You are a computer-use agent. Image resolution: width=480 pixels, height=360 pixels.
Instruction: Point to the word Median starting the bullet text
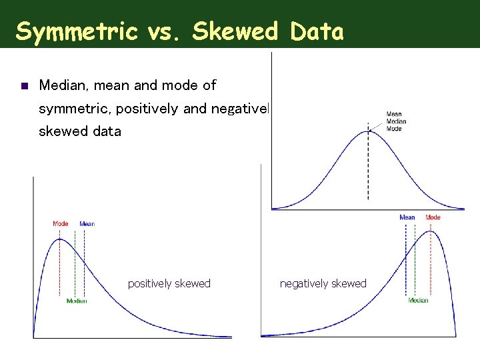tap(61, 85)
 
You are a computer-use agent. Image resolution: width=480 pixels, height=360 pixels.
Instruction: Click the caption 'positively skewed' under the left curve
tap(169, 283)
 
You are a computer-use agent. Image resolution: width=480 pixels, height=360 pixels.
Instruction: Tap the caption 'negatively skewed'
tap(323, 283)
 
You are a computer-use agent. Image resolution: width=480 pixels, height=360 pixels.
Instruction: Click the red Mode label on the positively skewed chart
tap(60, 224)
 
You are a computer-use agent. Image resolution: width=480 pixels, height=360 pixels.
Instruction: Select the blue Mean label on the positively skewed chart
tap(87, 224)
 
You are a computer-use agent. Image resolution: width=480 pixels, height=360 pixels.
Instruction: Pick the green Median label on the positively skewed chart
tap(77, 301)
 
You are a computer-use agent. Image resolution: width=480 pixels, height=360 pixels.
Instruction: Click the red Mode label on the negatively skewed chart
tap(433, 217)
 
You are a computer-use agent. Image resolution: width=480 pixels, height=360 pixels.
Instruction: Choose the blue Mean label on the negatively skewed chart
tap(407, 217)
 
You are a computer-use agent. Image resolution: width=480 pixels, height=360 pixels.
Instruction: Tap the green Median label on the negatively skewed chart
tap(418, 301)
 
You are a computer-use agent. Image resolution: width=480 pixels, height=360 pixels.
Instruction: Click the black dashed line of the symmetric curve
tap(367, 167)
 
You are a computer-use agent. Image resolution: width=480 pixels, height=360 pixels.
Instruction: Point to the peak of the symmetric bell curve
tap(367, 131)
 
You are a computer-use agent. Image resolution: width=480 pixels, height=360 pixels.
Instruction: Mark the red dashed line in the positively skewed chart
tap(60, 267)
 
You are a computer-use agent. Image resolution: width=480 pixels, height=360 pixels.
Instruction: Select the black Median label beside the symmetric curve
tap(395, 121)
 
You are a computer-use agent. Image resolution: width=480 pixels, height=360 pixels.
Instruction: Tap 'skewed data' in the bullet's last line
tap(80, 131)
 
